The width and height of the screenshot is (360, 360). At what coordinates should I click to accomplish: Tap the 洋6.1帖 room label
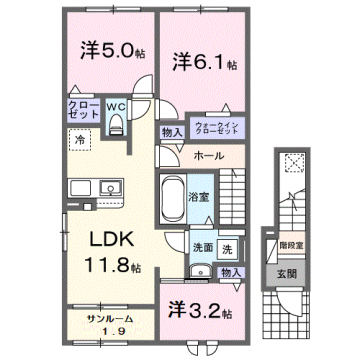point(202,62)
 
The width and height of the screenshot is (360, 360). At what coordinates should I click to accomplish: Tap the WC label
point(115,102)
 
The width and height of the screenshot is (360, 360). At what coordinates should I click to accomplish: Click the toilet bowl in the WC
point(116,124)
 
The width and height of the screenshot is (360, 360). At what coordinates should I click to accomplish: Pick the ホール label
point(209,156)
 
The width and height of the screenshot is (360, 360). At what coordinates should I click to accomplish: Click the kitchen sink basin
point(108,186)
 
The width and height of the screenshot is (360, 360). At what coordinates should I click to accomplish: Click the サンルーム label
point(105,318)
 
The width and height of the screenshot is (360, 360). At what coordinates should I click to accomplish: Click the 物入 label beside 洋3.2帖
point(231,272)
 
